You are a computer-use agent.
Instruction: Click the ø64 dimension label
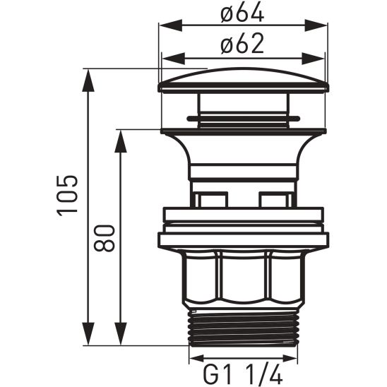[x=242, y=13]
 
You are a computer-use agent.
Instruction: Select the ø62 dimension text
[x=242, y=44]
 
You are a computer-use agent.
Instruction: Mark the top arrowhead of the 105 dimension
[x=90, y=76]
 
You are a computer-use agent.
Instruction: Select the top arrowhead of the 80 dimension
[x=121, y=138]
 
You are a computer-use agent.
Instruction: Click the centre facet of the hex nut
[x=243, y=279]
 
